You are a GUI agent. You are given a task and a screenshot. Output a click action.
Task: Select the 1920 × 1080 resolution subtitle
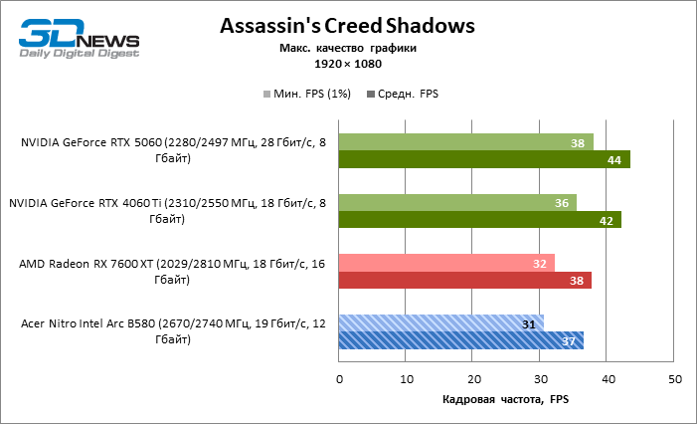click(x=348, y=63)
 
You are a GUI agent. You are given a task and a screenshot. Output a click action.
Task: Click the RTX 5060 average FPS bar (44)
click(x=484, y=159)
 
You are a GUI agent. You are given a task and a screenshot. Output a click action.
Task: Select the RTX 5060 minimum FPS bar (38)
click(x=465, y=142)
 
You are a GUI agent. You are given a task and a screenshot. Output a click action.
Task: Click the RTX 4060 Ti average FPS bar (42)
click(x=479, y=220)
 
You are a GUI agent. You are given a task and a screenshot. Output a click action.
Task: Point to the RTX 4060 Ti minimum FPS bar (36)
click(x=457, y=203)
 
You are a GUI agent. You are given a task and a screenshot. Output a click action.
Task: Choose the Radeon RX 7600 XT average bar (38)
click(x=465, y=281)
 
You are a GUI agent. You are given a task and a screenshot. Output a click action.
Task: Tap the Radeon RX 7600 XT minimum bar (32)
click(x=446, y=264)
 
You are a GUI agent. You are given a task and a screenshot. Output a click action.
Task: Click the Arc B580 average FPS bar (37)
click(x=461, y=341)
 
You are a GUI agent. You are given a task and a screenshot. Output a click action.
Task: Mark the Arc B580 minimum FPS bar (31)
click(x=441, y=324)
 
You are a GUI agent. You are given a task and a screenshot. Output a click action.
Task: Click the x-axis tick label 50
click(x=675, y=379)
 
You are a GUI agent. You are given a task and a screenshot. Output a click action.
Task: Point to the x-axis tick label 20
click(x=474, y=379)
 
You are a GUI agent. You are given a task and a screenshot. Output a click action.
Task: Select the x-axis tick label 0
click(x=339, y=379)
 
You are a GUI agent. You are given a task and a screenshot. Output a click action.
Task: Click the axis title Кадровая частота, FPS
click(x=506, y=399)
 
